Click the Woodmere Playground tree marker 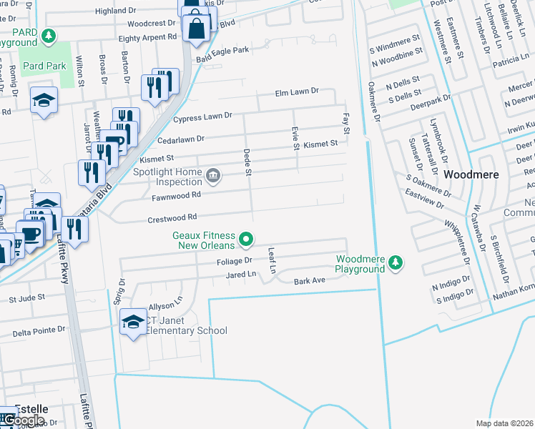[396, 265]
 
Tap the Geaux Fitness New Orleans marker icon [245, 240]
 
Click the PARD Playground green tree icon [48, 36]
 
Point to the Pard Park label [44, 66]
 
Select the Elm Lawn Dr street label [297, 93]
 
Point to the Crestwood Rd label [172, 217]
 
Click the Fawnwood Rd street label [170, 194]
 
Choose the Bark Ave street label [310, 281]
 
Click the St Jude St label [26, 297]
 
